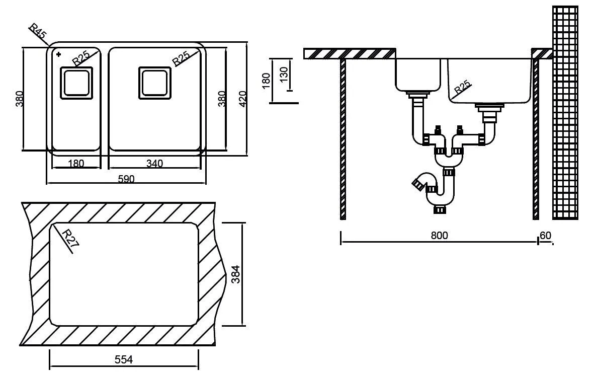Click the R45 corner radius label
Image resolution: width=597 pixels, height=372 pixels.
point(38,33)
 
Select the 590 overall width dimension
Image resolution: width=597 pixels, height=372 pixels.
point(126,179)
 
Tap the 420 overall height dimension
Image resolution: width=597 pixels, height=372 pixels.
point(242,99)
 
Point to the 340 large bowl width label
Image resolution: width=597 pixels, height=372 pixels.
point(154,163)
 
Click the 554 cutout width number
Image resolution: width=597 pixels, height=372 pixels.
point(123,359)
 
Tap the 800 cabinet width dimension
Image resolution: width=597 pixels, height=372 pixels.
point(439,236)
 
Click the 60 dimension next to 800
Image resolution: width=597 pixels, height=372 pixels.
point(545,236)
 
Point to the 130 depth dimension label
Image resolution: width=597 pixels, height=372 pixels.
point(284,75)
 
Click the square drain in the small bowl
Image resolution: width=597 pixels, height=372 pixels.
point(76,82)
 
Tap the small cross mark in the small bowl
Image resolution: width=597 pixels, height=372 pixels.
point(59,54)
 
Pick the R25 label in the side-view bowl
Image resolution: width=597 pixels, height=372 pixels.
point(462,88)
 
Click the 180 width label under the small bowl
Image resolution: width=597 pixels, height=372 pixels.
point(75,163)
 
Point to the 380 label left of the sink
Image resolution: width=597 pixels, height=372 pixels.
point(19,99)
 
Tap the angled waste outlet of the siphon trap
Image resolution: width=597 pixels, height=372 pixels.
point(418,182)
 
